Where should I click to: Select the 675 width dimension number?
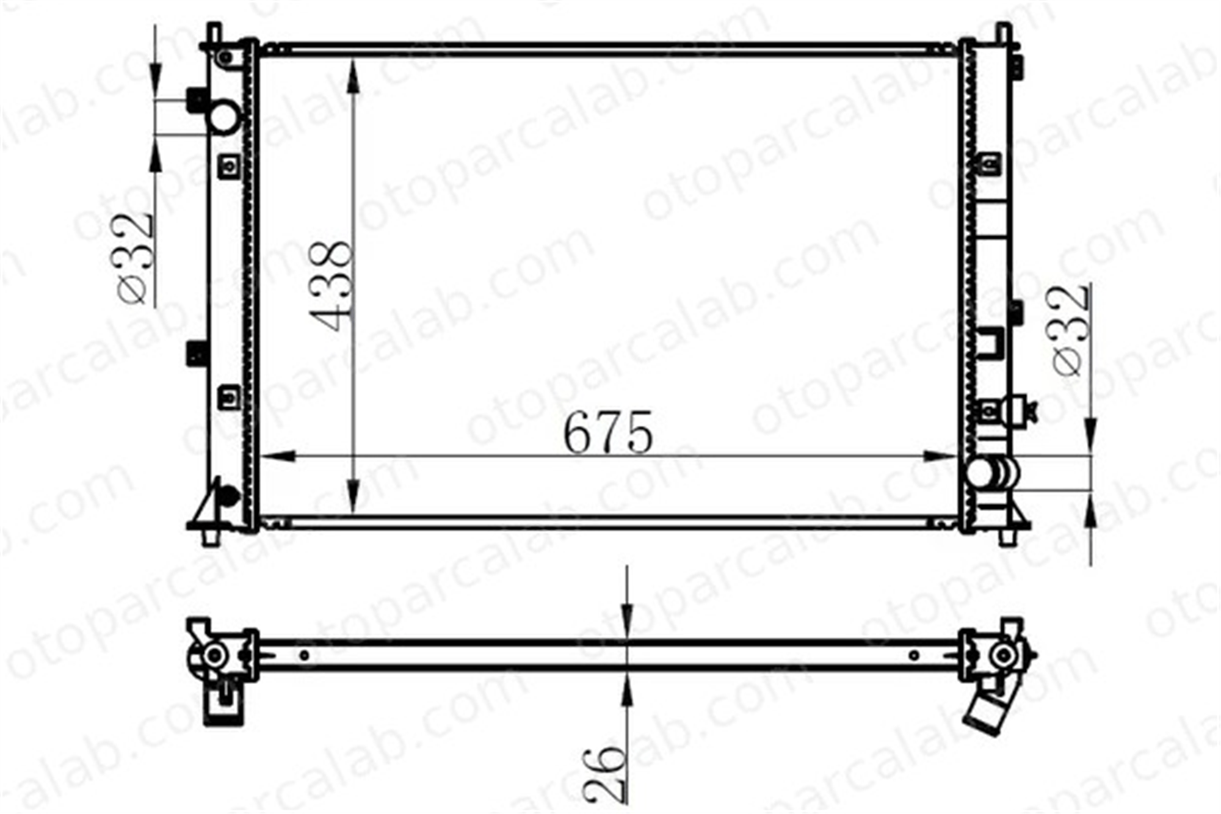click(608, 432)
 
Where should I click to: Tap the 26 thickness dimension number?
click(605, 774)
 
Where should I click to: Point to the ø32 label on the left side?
click(133, 258)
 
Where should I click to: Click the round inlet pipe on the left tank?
click(224, 116)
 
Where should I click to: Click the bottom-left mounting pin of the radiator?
click(211, 537)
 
